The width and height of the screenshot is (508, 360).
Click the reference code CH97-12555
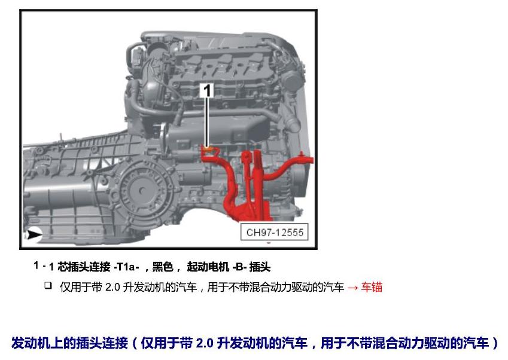[x=275, y=232]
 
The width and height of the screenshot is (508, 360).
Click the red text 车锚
[x=372, y=287]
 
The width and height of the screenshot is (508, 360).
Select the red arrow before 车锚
[x=352, y=287]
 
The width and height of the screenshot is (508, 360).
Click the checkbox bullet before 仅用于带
[x=48, y=285]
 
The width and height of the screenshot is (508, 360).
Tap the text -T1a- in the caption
[x=126, y=267]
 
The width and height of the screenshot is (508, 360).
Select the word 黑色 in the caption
[x=162, y=267]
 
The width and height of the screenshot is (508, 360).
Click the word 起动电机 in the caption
[x=208, y=267]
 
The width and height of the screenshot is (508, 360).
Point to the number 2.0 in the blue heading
[x=205, y=343]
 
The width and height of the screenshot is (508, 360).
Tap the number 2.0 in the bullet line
[x=112, y=287]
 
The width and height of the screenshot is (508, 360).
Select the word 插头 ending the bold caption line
[x=260, y=267]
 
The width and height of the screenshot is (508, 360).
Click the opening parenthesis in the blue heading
[x=135, y=343]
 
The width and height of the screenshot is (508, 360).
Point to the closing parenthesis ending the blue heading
[x=495, y=343]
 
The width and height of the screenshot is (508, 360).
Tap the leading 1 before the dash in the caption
[x=36, y=266]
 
